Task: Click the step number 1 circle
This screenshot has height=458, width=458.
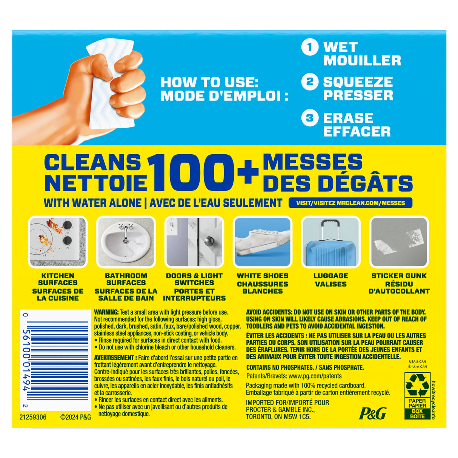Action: (x=309, y=47)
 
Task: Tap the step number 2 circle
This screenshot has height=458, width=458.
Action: (x=309, y=82)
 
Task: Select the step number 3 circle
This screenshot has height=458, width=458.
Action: (x=309, y=118)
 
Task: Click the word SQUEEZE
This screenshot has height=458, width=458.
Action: (x=358, y=82)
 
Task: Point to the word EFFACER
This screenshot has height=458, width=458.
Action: (x=357, y=131)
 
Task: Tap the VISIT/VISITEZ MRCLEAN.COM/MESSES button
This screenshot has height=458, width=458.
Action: (x=350, y=203)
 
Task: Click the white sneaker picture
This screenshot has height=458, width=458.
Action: (x=263, y=242)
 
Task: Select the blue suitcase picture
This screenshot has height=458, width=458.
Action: (x=330, y=242)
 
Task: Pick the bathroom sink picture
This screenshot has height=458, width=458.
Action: (x=126, y=242)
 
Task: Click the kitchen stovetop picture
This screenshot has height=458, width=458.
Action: (x=58, y=242)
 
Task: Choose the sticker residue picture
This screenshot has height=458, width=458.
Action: (x=399, y=242)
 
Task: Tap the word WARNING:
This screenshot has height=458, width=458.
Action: (x=106, y=312)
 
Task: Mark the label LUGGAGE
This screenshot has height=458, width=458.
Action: (x=330, y=276)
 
